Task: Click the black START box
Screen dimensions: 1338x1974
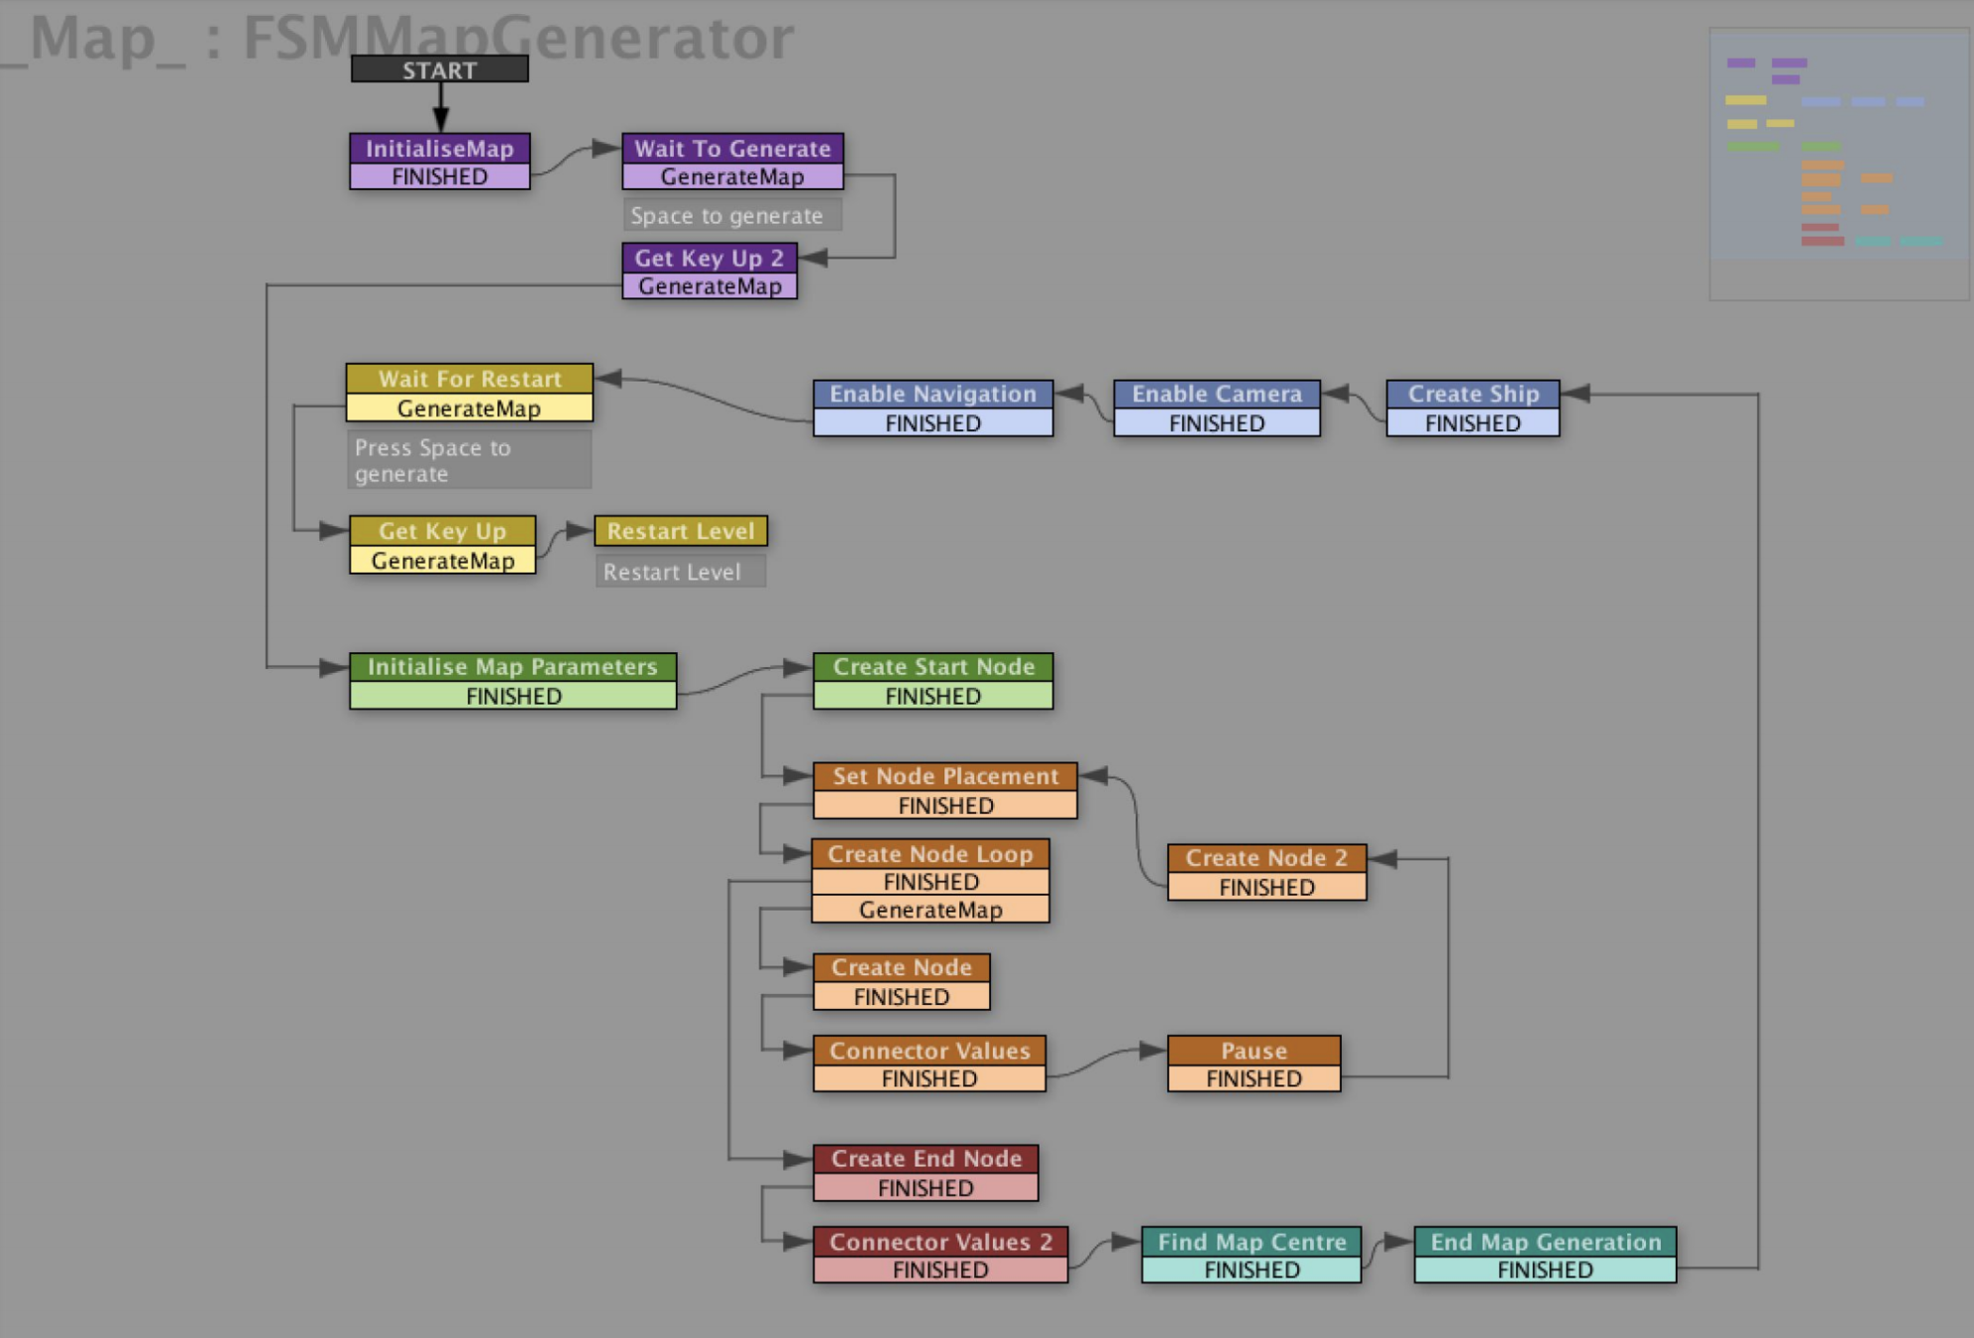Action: tap(439, 69)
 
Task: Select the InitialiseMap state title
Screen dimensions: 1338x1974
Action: tap(439, 148)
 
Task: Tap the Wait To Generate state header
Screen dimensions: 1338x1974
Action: tap(732, 148)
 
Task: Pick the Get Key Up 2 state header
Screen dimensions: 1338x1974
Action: tap(710, 258)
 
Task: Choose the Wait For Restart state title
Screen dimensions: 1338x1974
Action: tap(470, 379)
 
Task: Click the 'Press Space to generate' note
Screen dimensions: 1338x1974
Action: tap(469, 460)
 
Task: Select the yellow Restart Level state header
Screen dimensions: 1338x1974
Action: tap(681, 531)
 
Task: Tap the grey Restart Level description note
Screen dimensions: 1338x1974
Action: tap(680, 572)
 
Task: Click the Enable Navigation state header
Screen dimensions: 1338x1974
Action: tap(932, 393)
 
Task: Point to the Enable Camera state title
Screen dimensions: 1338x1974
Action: tap(1217, 393)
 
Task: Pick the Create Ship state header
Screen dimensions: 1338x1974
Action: tap(1473, 393)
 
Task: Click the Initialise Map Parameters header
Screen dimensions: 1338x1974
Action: tap(512, 666)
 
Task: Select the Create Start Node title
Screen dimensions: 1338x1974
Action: tap(932, 666)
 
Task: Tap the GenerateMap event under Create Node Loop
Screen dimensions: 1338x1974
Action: tap(931, 910)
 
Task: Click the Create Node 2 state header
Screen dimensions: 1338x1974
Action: tap(1266, 857)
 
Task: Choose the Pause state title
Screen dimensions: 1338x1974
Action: tap(1254, 1050)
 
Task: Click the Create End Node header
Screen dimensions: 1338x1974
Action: tap(926, 1158)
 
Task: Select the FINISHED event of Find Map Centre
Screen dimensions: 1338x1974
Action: tap(1252, 1270)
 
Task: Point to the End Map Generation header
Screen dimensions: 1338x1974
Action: tap(1545, 1241)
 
